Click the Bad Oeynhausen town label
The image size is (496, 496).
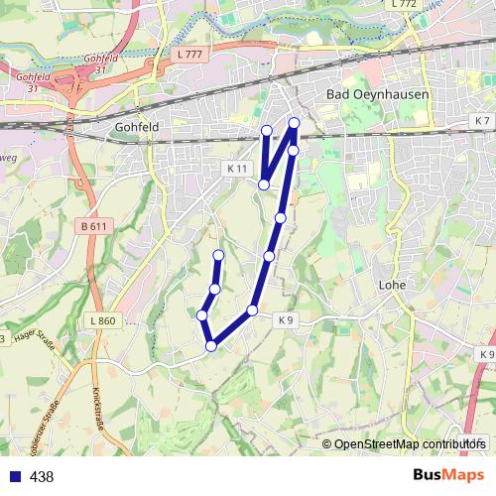(x=368, y=94)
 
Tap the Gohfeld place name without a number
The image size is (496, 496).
(x=137, y=128)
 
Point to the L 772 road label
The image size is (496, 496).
(x=404, y=5)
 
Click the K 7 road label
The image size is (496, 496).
(x=482, y=120)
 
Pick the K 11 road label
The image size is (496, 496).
(x=237, y=169)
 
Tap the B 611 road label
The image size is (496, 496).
(x=93, y=226)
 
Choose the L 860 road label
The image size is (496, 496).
(x=102, y=320)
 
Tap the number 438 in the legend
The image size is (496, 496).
(x=42, y=477)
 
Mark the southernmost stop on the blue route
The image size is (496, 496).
(x=211, y=345)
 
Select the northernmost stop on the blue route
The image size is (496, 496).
(x=295, y=123)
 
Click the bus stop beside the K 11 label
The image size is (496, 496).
(x=264, y=185)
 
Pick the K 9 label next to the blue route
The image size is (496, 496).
(x=286, y=319)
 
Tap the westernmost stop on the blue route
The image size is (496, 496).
(x=202, y=314)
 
